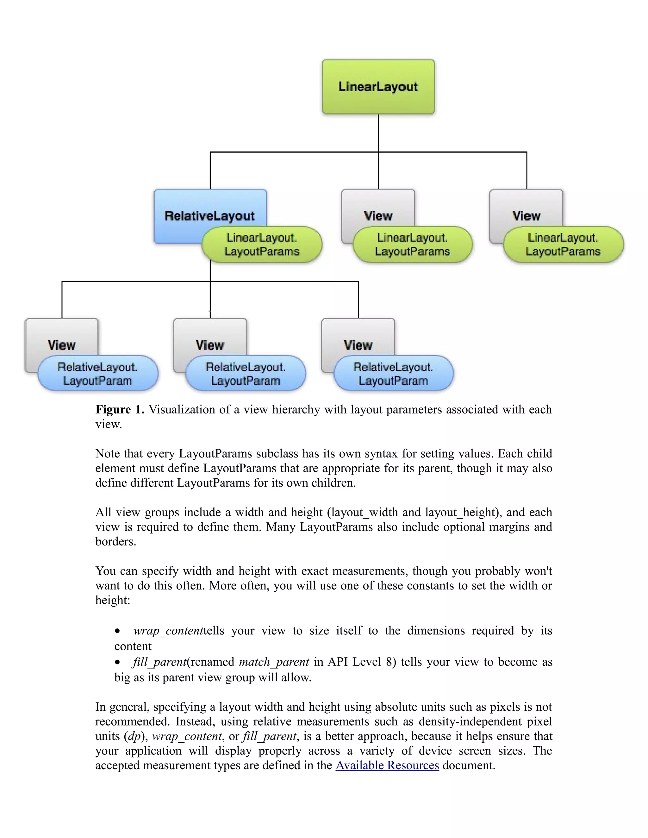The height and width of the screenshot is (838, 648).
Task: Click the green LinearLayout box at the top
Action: click(x=378, y=87)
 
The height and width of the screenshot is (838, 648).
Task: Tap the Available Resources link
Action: click(x=387, y=765)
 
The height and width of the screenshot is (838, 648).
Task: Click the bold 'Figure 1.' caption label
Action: click(x=120, y=409)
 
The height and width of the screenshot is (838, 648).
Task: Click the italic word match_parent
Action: click(x=274, y=662)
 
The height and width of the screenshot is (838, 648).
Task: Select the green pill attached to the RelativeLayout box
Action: click(x=262, y=244)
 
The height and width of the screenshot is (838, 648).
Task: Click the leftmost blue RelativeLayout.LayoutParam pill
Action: click(x=98, y=373)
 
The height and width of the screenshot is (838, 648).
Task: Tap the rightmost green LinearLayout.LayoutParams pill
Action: click(x=563, y=244)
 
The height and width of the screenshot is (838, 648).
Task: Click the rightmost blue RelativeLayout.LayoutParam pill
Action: click(x=393, y=373)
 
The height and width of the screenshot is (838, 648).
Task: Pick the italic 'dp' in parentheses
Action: click(x=134, y=736)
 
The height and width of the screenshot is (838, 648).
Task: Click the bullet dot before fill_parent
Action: click(x=118, y=662)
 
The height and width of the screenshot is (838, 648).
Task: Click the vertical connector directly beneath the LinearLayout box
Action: click(x=378, y=132)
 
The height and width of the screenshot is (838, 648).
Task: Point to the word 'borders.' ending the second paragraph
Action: click(x=115, y=541)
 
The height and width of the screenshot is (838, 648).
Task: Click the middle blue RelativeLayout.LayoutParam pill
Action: click(x=246, y=373)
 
